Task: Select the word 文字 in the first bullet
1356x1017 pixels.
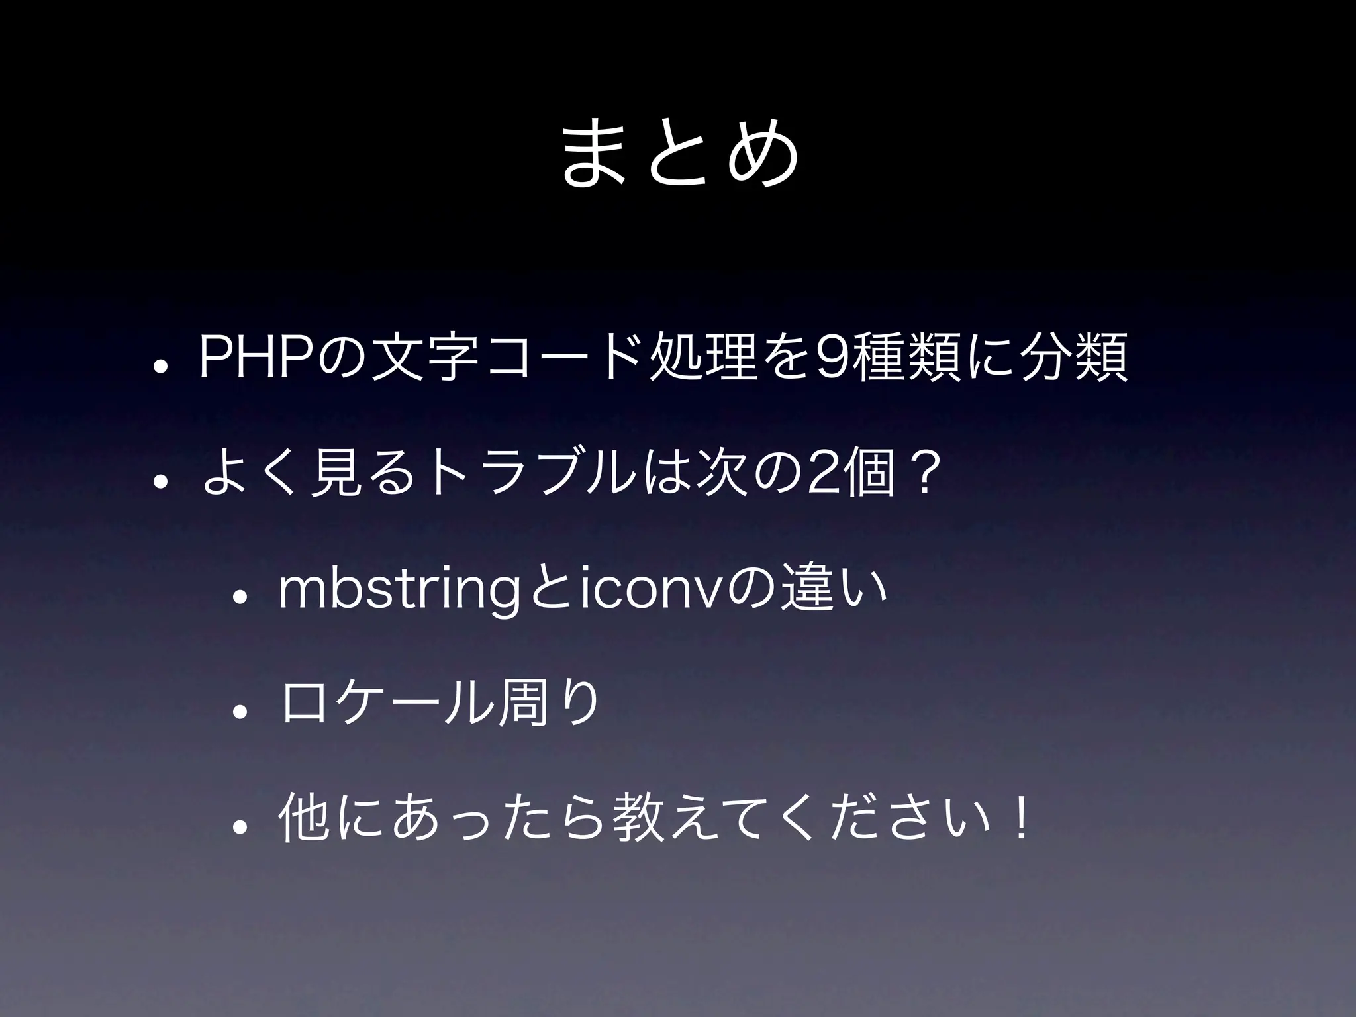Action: pos(424,358)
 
